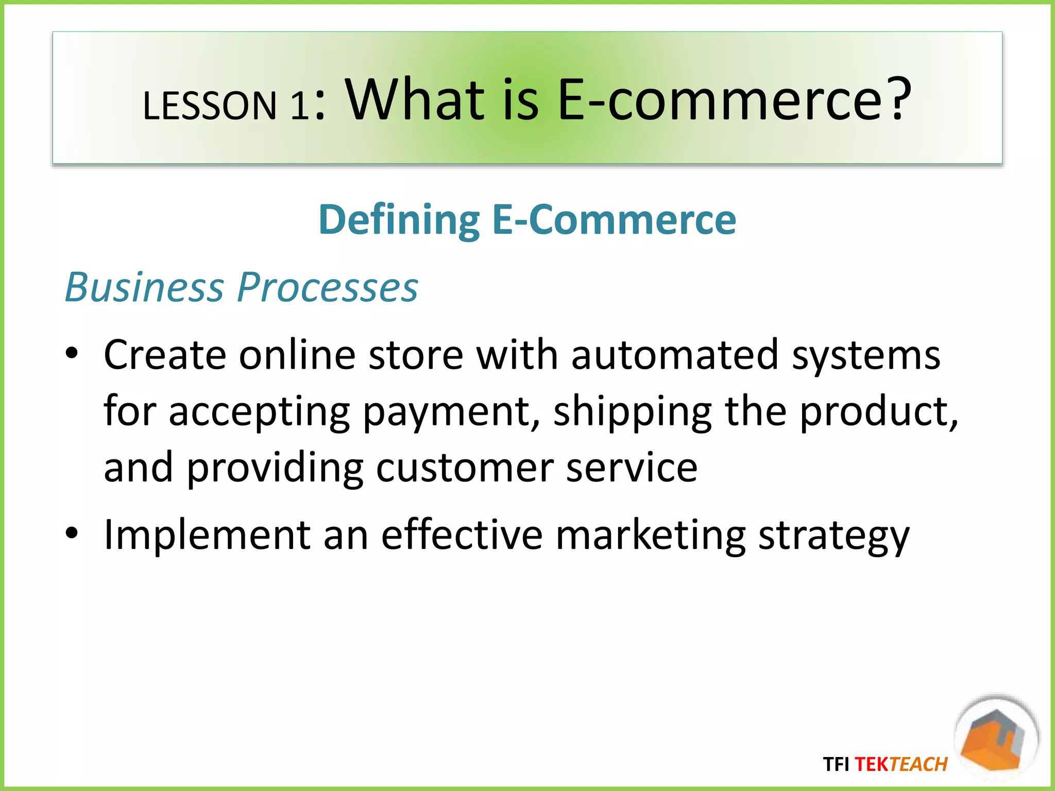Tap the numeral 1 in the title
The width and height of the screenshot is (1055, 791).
(x=299, y=106)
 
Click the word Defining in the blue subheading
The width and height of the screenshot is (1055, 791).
(x=399, y=220)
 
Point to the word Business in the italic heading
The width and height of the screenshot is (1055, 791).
(x=144, y=287)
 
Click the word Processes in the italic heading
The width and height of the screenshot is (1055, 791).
(x=328, y=287)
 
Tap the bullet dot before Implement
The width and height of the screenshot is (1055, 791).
(x=72, y=533)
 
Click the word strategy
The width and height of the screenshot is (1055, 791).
(x=834, y=536)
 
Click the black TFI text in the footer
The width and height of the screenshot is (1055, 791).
(x=836, y=764)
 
